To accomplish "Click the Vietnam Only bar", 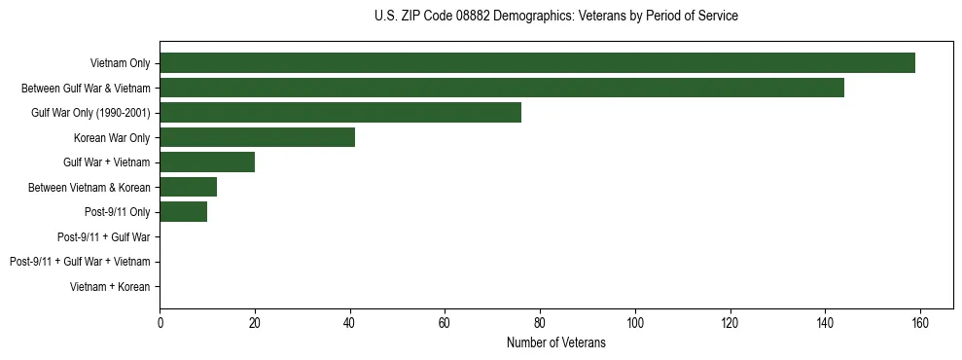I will (x=537, y=63).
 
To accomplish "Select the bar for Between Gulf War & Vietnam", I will (x=502, y=88).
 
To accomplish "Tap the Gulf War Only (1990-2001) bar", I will (x=340, y=113).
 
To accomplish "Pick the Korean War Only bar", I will (x=257, y=137).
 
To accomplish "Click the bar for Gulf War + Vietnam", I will (x=207, y=162).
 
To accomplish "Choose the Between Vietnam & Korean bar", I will (x=188, y=187).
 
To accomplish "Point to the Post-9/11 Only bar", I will (x=183, y=212).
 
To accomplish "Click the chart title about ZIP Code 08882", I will (x=555, y=17).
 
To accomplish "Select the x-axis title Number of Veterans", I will (x=555, y=342).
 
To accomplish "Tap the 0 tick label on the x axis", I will (x=160, y=322).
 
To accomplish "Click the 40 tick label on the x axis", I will (x=349, y=322).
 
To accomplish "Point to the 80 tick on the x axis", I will (x=540, y=322).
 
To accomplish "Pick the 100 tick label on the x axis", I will (x=634, y=322).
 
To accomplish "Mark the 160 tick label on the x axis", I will (x=920, y=322).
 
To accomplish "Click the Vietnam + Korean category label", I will (x=110, y=287).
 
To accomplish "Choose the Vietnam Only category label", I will (x=120, y=63).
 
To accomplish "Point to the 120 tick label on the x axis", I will (x=730, y=322).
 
